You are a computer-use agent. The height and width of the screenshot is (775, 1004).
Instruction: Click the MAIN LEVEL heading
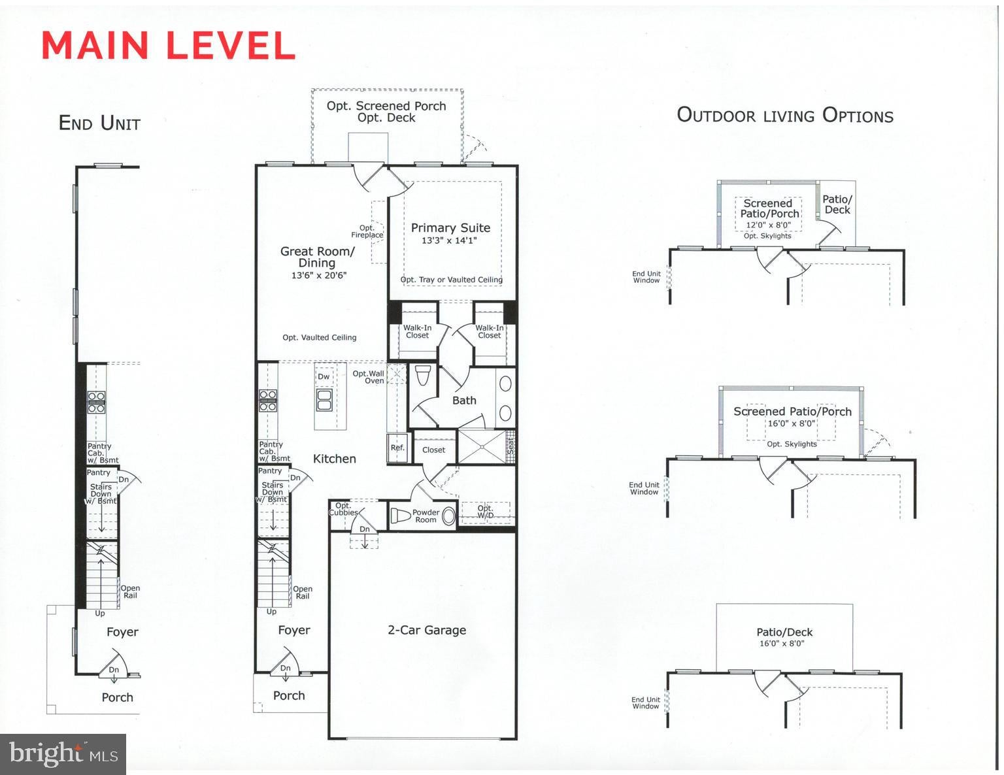(x=168, y=46)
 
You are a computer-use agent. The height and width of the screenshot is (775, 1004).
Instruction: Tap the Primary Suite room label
(x=450, y=227)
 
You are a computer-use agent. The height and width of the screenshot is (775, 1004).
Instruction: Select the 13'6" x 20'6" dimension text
(x=319, y=275)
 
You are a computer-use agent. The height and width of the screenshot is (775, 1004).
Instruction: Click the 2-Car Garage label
(x=426, y=630)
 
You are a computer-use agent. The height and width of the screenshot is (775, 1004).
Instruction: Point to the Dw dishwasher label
(x=324, y=376)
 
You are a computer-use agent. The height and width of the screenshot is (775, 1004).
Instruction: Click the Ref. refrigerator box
(x=397, y=448)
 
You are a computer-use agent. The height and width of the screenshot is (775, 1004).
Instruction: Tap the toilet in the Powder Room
(x=400, y=515)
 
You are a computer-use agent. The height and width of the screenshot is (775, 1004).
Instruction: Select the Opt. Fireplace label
(x=367, y=231)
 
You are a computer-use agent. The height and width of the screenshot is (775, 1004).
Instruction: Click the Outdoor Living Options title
(x=785, y=116)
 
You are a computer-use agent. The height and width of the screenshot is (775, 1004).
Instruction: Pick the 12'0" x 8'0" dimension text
(x=769, y=225)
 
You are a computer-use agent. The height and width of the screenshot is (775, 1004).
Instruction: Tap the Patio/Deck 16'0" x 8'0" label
(x=784, y=637)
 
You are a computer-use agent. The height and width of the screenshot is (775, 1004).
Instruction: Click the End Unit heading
(x=99, y=124)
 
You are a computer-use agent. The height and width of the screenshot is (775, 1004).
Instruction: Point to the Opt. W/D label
(x=485, y=511)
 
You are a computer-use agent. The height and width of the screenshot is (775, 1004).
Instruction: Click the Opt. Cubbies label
(x=343, y=509)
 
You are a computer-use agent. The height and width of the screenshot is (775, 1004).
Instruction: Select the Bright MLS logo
(x=63, y=753)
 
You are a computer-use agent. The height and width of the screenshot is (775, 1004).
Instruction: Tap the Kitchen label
(x=335, y=459)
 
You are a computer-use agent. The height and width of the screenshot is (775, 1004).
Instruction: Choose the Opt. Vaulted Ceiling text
(x=319, y=338)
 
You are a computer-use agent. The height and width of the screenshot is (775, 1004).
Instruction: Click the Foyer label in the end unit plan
(x=122, y=633)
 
